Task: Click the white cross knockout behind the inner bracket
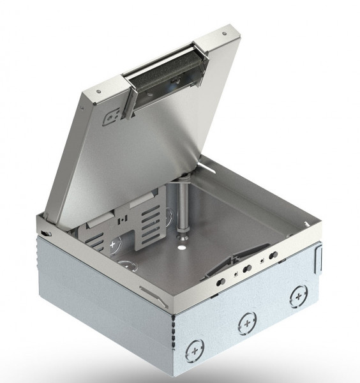coord(115,243)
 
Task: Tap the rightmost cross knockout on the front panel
coord(298,295)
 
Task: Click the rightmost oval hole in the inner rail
coord(273,255)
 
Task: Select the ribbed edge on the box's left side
coord(40,268)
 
